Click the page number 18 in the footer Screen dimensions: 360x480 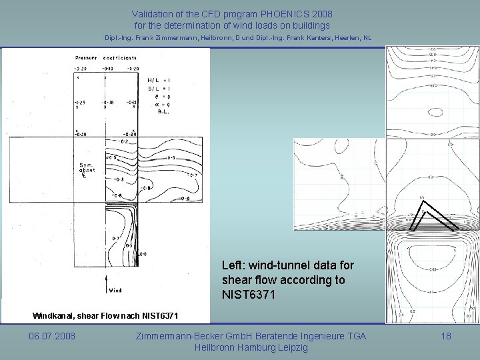tap(446, 336)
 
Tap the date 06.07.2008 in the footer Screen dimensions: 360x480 tap(52, 336)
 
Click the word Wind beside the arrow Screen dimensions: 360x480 tap(115, 290)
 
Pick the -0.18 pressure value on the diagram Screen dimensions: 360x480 tap(109, 103)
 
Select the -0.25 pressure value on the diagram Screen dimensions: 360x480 tap(81, 103)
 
